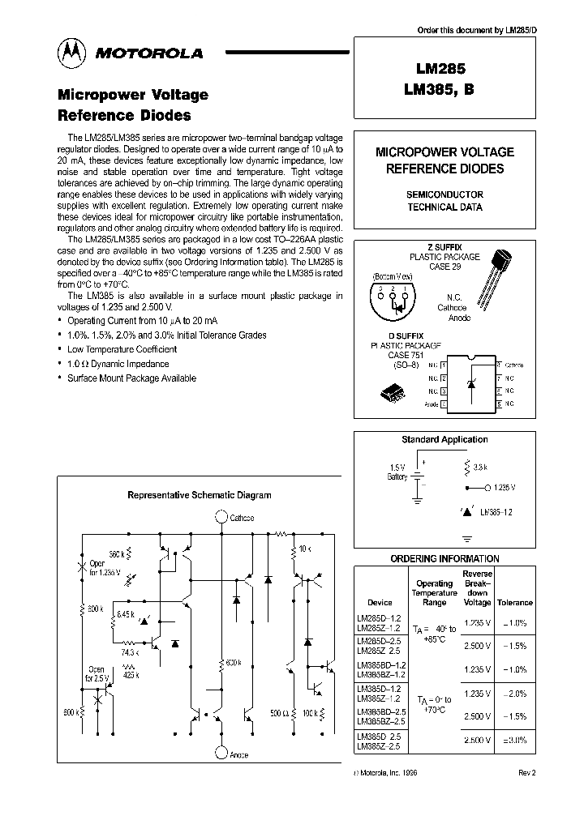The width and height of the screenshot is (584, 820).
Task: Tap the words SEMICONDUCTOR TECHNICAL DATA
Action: coord(444,201)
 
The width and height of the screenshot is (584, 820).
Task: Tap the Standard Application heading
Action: coord(444,440)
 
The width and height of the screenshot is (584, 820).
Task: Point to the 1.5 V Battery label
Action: coord(397,472)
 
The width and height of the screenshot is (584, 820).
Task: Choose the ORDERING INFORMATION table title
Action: coord(444,559)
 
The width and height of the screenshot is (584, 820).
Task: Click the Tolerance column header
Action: coord(514,603)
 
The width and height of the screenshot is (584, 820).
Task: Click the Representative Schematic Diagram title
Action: coord(200,495)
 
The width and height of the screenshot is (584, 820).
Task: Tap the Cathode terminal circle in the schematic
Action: coord(221,518)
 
